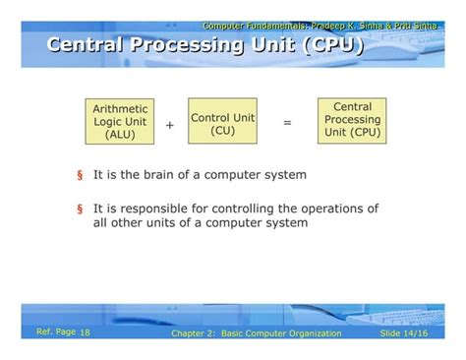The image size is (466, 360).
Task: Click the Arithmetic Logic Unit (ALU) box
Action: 119,122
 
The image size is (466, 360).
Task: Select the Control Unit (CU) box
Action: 222,123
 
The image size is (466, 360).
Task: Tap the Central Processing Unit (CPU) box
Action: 352,119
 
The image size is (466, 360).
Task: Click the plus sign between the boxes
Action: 169,125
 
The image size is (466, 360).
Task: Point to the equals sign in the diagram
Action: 287,123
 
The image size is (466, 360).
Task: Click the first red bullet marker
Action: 79,175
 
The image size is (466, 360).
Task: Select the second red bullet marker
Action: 79,209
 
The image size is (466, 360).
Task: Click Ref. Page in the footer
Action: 55,333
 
